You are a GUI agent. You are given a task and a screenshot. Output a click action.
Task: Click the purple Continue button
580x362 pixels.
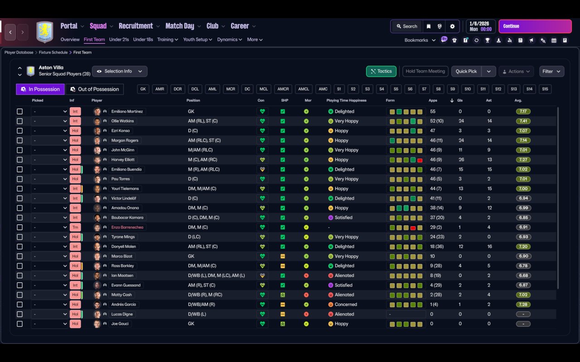(x=535, y=26)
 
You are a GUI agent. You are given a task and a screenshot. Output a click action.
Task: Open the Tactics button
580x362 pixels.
(x=381, y=71)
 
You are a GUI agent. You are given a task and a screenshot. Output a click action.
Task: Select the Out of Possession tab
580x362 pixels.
(x=95, y=89)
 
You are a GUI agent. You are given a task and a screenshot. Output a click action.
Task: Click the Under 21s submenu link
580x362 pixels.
(x=119, y=39)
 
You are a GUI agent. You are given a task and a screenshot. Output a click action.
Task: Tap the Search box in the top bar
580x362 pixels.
(x=407, y=26)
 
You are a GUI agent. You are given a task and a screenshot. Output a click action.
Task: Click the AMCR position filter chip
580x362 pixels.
(x=283, y=89)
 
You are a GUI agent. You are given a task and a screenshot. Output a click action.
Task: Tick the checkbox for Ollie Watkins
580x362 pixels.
(x=19, y=121)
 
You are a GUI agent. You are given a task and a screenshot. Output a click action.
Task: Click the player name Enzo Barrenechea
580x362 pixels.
(x=127, y=227)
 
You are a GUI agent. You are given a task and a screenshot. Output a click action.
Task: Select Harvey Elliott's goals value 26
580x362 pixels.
(x=461, y=160)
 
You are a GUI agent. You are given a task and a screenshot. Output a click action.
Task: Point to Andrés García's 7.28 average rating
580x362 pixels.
(x=523, y=305)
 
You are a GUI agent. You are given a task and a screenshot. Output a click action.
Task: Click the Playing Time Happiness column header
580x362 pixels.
(x=346, y=100)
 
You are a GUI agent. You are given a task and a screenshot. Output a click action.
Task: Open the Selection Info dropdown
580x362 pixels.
(x=120, y=71)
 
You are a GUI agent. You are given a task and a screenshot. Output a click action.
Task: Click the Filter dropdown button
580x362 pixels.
(x=551, y=71)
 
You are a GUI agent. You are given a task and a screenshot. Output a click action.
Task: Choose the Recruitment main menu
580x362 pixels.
(x=135, y=26)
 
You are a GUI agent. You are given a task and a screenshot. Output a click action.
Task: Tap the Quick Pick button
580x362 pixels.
(x=466, y=71)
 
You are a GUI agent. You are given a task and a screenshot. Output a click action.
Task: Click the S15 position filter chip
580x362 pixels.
(x=545, y=89)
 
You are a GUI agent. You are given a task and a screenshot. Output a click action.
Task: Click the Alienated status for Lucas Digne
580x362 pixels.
(x=344, y=314)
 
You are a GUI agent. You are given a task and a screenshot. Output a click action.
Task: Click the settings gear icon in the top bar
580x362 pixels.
(x=452, y=26)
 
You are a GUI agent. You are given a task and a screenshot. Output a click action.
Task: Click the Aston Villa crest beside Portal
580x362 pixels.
(x=45, y=32)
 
